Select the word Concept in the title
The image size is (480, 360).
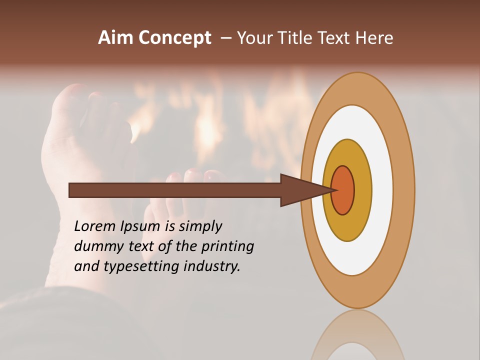click(x=175, y=38)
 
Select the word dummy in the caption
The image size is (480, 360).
click(x=95, y=246)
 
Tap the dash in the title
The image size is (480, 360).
click(x=225, y=38)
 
